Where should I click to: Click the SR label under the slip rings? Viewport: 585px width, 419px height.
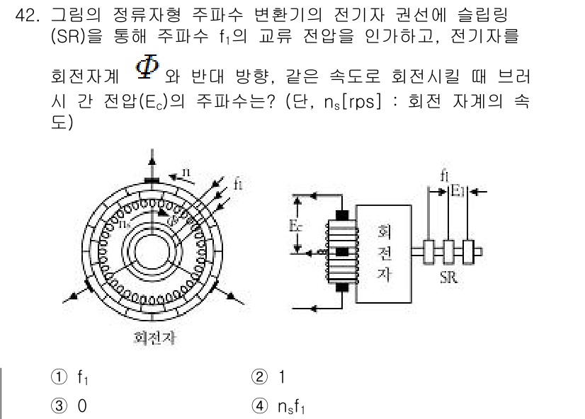[x=447, y=278]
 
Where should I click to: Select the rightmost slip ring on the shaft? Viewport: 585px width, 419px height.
[x=469, y=251]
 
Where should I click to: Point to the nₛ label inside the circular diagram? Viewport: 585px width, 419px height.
[x=125, y=222]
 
